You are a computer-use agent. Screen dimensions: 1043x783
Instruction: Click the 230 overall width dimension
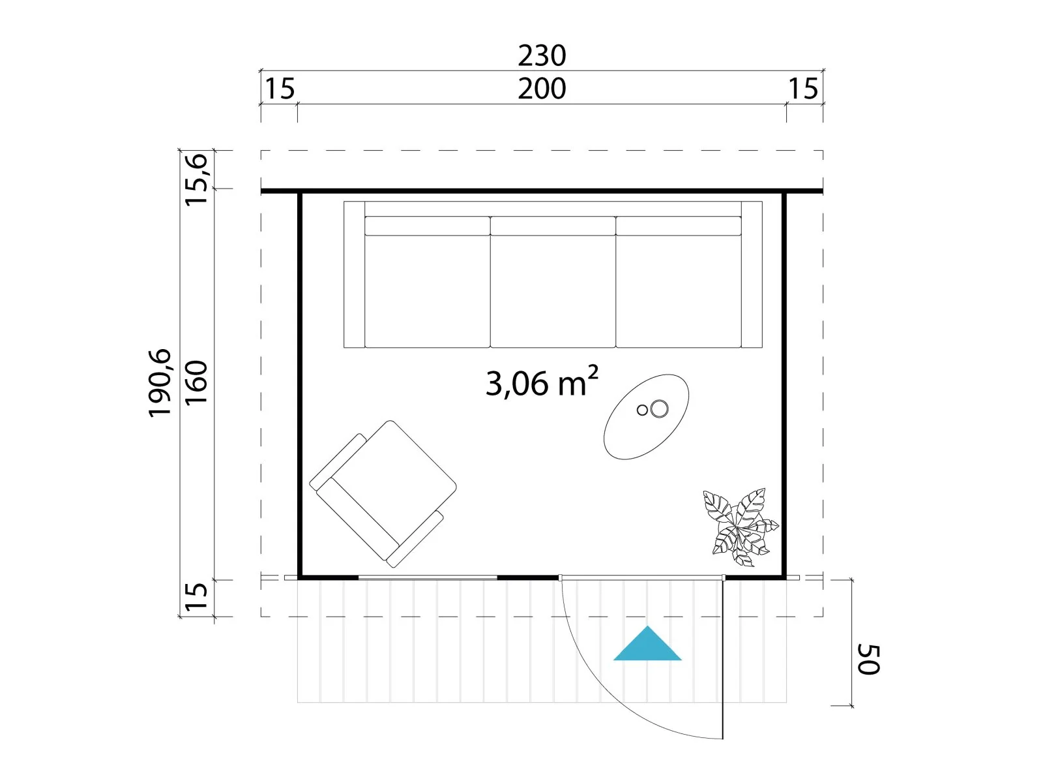point(542,55)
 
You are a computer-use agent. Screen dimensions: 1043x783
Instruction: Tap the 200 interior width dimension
point(542,89)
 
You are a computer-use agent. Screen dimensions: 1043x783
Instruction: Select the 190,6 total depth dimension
point(160,383)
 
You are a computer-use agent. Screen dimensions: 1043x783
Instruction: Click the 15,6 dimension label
point(196,179)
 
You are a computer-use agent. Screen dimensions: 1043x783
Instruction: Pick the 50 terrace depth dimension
point(868,660)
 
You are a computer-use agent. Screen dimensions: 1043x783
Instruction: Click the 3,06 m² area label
point(542,382)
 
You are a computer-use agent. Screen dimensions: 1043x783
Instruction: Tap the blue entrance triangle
point(647,643)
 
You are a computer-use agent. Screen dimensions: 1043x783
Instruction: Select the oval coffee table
point(646,417)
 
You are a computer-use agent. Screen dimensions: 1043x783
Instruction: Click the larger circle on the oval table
point(660,408)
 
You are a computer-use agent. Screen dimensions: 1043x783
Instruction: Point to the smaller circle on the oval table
point(643,410)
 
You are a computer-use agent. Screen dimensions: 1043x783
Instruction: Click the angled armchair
point(383,493)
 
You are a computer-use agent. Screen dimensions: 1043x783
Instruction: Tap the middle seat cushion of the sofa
point(553,282)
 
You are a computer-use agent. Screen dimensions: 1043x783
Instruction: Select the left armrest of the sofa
point(355,275)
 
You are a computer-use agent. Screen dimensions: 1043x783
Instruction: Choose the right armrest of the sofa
point(752,275)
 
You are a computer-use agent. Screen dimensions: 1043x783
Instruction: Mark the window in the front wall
point(428,577)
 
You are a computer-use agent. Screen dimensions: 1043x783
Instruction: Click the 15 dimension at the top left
point(280,89)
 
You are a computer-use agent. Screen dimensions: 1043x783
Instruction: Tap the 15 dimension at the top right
point(803,89)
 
